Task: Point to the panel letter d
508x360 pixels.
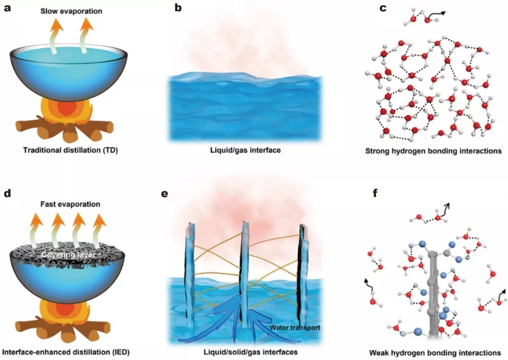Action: (8, 194)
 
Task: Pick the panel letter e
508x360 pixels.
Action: (165, 194)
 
